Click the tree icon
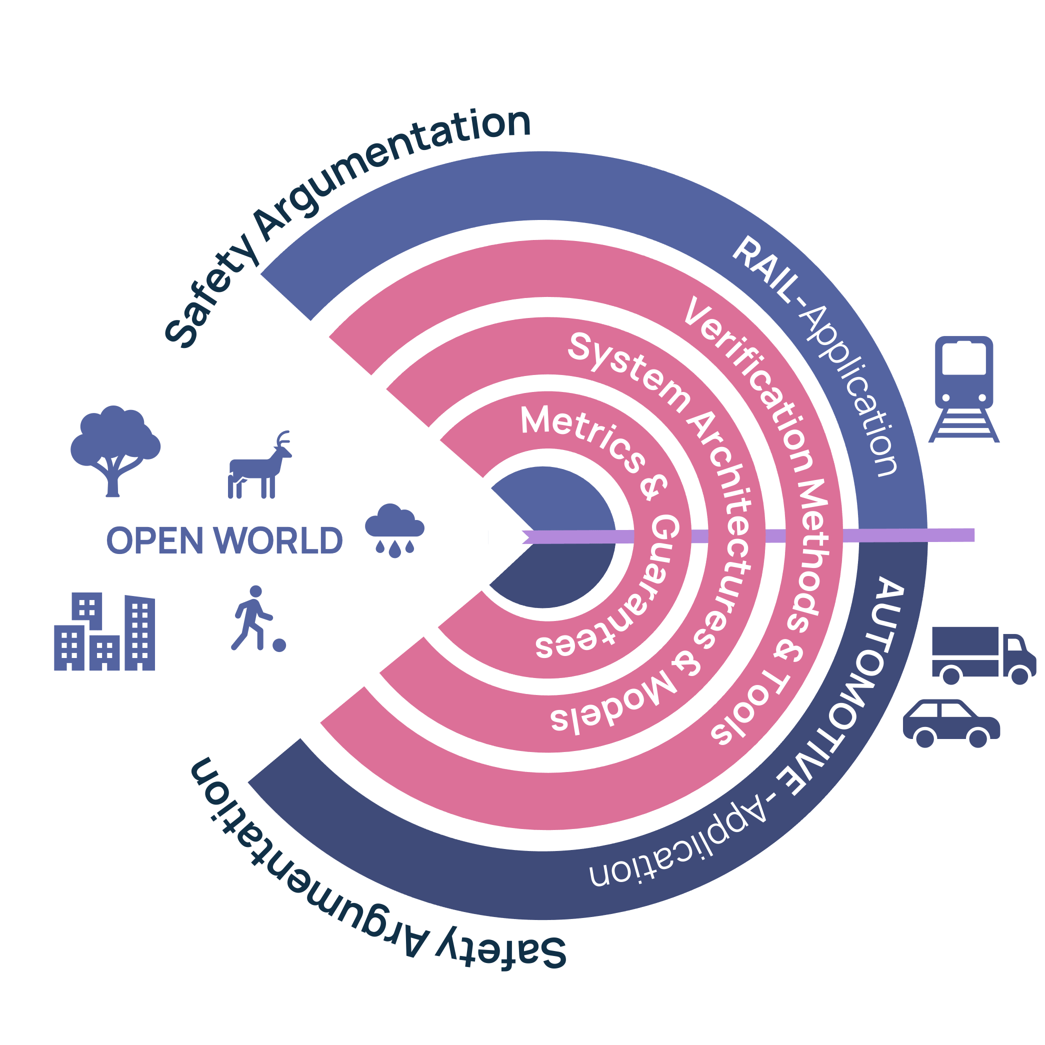tap(114, 449)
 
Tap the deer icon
tap(257, 468)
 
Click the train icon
tap(963, 389)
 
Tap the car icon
tap(951, 722)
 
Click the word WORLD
tap(278, 541)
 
